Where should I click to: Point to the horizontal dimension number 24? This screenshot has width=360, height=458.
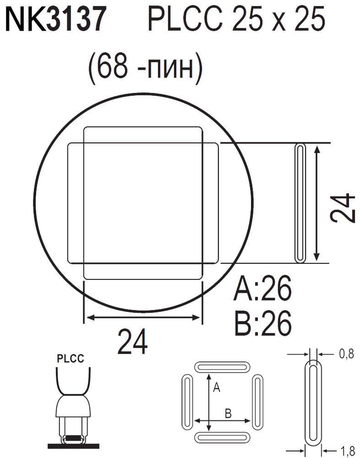tap(133, 342)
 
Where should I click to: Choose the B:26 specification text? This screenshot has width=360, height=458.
tap(262, 324)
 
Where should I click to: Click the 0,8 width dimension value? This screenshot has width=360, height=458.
tap(346, 354)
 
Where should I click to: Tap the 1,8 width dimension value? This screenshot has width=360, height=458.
tap(346, 452)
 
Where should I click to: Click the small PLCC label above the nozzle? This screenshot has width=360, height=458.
tap(70, 359)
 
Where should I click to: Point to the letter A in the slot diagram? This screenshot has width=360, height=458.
tap(217, 388)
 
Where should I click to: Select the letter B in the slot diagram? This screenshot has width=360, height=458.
tap(228, 414)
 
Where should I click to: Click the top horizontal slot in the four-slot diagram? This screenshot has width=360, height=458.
tap(223, 367)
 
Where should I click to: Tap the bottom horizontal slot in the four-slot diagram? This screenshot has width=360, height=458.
tap(223, 437)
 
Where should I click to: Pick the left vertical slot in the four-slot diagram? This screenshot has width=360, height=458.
tap(187, 402)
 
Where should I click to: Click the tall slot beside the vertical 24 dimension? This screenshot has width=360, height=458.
tap(300, 203)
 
